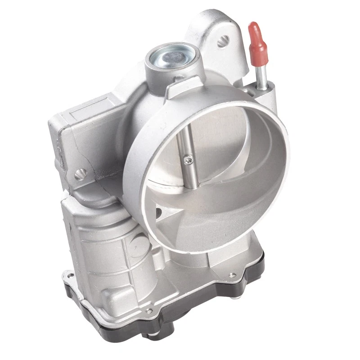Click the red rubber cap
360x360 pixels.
pos(256,36)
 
